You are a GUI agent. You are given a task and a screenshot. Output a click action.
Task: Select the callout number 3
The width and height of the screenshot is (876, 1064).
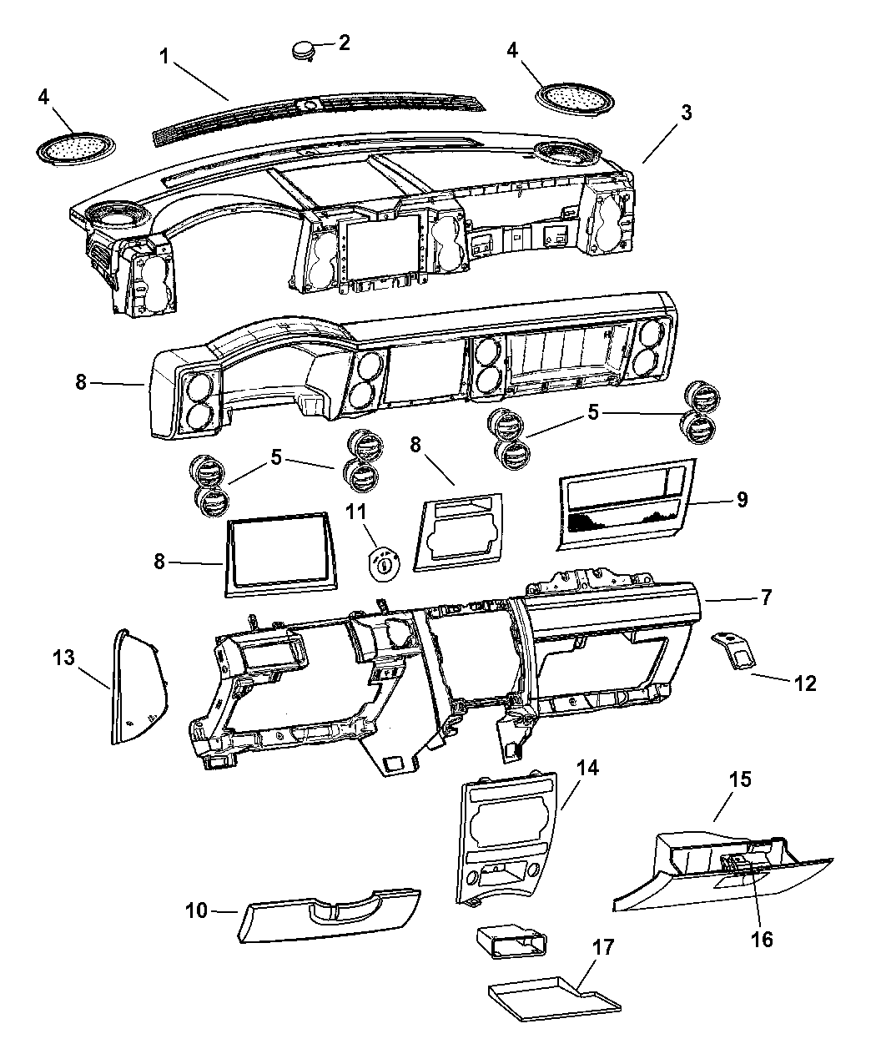pyautogui.click(x=685, y=114)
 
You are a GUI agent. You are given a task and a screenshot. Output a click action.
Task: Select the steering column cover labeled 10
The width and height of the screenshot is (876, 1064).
pyautogui.click(x=328, y=915)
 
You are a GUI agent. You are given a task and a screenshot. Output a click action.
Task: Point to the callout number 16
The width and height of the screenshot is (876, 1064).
pyautogui.click(x=760, y=939)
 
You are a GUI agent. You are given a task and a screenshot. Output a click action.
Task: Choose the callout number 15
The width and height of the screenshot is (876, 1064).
pyautogui.click(x=740, y=779)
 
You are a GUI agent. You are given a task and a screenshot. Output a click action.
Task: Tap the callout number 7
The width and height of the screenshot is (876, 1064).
pyautogui.click(x=766, y=598)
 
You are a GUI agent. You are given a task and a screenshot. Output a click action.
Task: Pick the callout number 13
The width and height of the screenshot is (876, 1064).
pyautogui.click(x=63, y=658)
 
